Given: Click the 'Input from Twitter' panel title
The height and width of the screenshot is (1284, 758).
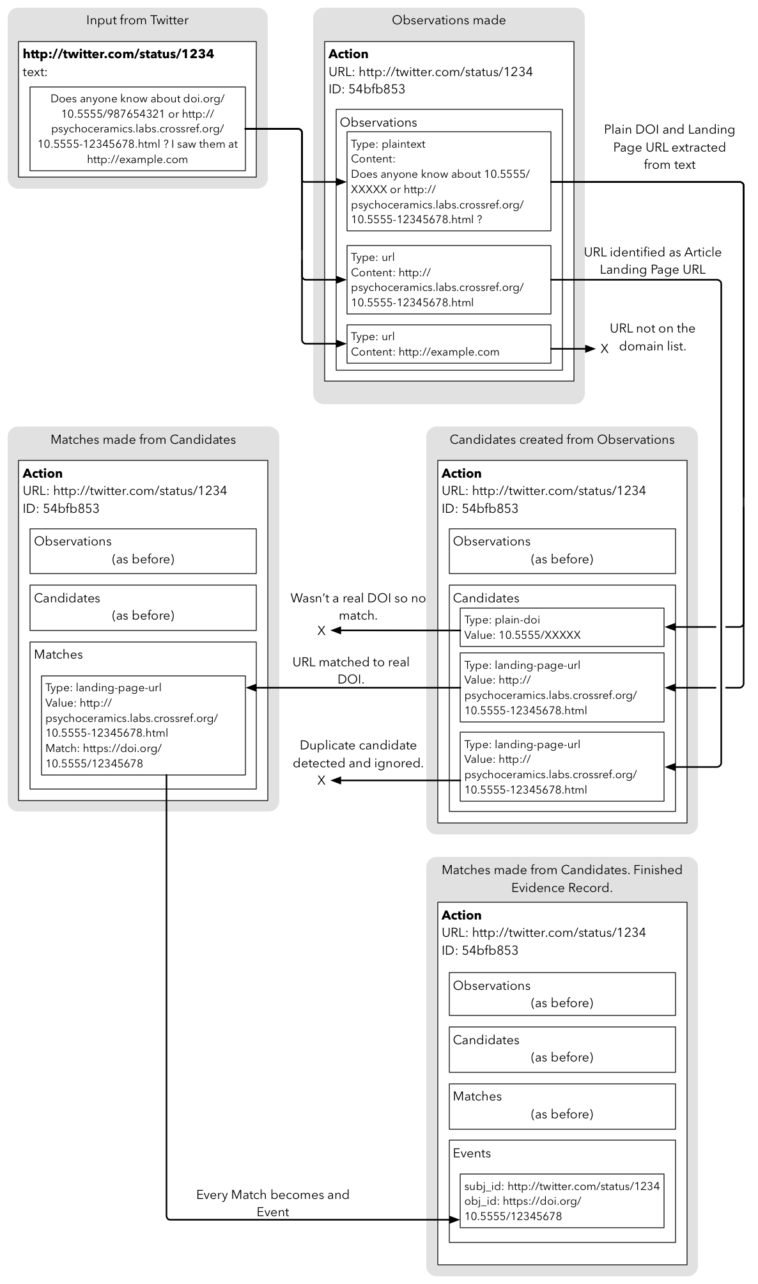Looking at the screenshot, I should [x=137, y=20].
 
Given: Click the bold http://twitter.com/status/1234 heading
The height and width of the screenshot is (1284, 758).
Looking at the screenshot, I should [x=118, y=54].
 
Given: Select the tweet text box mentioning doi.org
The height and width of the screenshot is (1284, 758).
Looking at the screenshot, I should [x=137, y=129].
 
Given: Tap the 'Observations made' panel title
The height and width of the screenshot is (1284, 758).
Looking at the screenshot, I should [x=449, y=20].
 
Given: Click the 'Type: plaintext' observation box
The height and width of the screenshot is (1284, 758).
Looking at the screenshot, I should [x=449, y=181].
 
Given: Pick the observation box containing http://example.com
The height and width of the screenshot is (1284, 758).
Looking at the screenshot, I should [x=449, y=344].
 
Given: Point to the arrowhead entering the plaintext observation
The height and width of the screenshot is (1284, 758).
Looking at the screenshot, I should [x=341, y=182].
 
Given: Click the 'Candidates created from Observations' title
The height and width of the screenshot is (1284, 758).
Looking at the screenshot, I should [x=562, y=440].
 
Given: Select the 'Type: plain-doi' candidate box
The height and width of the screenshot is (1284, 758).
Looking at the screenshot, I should [x=562, y=627].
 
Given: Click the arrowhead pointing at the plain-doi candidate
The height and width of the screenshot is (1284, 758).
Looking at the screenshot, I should [x=670, y=627].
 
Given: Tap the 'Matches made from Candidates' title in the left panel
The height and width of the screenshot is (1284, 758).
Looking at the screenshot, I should [x=143, y=440].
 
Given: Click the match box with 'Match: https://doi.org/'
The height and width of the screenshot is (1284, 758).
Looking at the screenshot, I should [x=143, y=725].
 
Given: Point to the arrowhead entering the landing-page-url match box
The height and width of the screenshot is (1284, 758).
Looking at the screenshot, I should [x=251, y=688].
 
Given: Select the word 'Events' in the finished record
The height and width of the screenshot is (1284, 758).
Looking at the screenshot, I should [x=472, y=1153].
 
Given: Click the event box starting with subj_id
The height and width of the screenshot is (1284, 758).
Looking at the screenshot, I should [x=562, y=1200].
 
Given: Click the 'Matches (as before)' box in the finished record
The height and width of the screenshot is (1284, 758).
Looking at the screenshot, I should [x=562, y=1106].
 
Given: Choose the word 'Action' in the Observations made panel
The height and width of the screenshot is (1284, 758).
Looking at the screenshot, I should [x=348, y=54].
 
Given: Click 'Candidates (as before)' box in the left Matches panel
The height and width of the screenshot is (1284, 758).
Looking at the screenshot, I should [x=143, y=607].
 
